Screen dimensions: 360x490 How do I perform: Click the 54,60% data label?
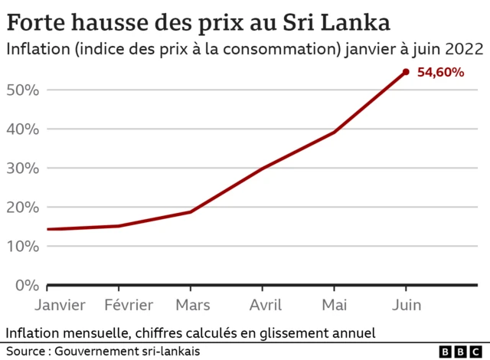click(440, 73)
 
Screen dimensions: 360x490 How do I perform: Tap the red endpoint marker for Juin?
click(406, 72)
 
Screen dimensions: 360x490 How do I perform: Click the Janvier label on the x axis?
click(60, 305)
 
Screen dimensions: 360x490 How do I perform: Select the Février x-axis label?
click(129, 305)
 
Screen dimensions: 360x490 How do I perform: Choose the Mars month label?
click(193, 305)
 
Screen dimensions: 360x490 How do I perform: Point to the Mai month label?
click(334, 305)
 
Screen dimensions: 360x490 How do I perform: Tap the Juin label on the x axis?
click(407, 305)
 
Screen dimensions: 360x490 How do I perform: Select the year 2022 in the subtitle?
click(463, 50)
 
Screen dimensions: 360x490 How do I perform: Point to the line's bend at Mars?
click(191, 211)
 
